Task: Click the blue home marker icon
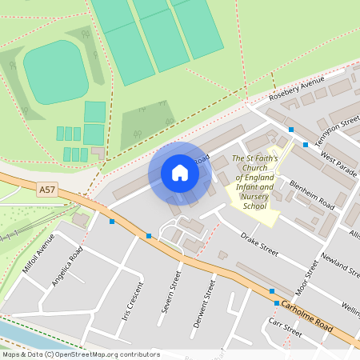pos(180,173)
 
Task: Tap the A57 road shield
pos(48,190)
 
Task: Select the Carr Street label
pos(286,327)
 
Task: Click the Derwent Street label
pos(209,299)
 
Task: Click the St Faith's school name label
pos(254,182)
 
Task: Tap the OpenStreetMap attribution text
pos(81,354)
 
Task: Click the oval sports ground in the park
pos(54,71)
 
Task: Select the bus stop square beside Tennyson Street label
pos(305,145)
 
